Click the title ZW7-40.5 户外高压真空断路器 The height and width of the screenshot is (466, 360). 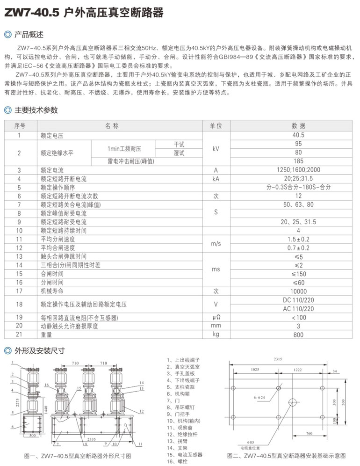(x=84, y=13)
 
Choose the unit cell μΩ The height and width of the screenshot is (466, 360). (x=216, y=318)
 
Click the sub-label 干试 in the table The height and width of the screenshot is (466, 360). (x=179, y=144)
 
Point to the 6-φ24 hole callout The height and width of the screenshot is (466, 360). (x=259, y=397)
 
